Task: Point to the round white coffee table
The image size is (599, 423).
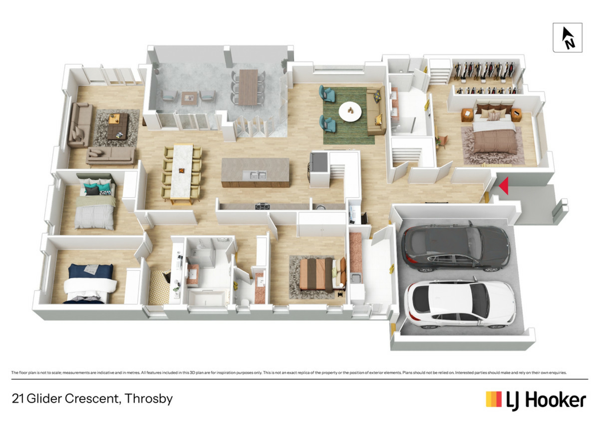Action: [350, 111]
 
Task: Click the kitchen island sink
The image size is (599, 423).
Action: [255, 175]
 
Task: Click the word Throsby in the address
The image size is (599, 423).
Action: [149, 399]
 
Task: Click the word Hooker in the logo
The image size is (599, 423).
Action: [556, 400]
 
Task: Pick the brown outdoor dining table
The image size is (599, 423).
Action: [248, 87]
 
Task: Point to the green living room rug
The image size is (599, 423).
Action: [348, 115]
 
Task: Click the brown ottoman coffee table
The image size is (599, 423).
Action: [118, 126]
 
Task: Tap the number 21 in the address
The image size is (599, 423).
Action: [18, 399]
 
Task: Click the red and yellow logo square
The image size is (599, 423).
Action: [494, 399]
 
